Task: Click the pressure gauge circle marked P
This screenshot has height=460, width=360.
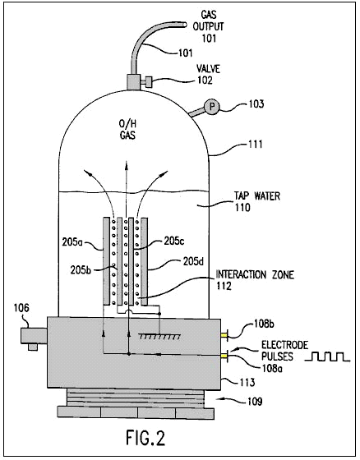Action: [x=211, y=107]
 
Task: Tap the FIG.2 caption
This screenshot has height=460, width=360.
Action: [x=145, y=438]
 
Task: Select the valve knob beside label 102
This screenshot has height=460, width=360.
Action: [x=149, y=82]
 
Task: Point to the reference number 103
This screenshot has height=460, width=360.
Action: [x=256, y=104]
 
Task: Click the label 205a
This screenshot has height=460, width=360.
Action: [x=72, y=242]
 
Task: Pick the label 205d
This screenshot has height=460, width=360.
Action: [x=193, y=261]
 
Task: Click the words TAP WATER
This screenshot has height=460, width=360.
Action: [x=256, y=196]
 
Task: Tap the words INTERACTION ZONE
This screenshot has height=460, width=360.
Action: [x=255, y=274]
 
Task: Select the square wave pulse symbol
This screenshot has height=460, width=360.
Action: [x=327, y=356]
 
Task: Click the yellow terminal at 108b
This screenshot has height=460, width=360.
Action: [x=224, y=335]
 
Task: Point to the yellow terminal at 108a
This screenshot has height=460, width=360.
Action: [x=224, y=356]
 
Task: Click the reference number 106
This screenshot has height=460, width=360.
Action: [x=21, y=308]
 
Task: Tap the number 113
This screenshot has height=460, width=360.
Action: [x=247, y=383]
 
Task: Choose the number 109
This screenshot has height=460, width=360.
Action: [x=254, y=401]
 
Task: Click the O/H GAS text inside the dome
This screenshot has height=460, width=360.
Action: [x=127, y=130]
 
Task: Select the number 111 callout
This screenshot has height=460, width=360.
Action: [x=255, y=144]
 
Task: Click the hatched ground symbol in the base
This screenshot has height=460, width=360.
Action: [x=159, y=336]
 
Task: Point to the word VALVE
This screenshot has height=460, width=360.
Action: [x=208, y=69]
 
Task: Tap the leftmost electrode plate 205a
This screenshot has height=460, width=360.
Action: [x=106, y=261]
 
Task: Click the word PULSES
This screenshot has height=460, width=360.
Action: [x=277, y=356]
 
